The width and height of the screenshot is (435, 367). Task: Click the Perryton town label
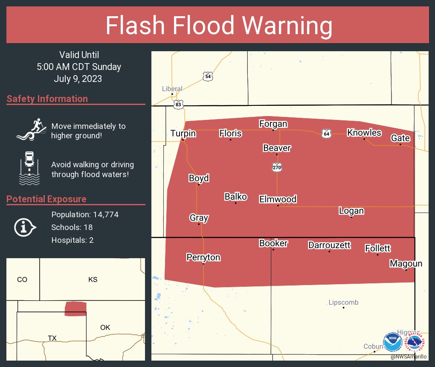[x=203, y=257]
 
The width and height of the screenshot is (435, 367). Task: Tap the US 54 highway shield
[x=208, y=76]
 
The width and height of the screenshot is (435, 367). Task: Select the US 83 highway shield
[x=179, y=104]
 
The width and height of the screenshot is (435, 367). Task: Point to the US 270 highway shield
[x=277, y=168]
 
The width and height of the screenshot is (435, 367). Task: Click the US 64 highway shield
[x=326, y=134]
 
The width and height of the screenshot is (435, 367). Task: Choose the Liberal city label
[x=172, y=89]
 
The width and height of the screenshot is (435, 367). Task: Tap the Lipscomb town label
[x=343, y=303]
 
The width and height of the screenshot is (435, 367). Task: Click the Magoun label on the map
[x=406, y=264]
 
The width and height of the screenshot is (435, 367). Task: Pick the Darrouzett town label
[x=329, y=245]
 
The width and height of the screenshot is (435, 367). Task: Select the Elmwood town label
[x=278, y=199]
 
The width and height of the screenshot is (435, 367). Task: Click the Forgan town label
[x=273, y=124]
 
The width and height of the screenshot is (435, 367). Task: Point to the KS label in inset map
[x=93, y=280]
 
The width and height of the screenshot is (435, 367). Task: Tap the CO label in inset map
[x=22, y=280]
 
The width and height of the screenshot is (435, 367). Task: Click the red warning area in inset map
[x=75, y=309]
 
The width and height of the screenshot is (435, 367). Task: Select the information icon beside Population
[x=25, y=227]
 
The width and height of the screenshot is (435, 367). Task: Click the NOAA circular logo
[x=392, y=342]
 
